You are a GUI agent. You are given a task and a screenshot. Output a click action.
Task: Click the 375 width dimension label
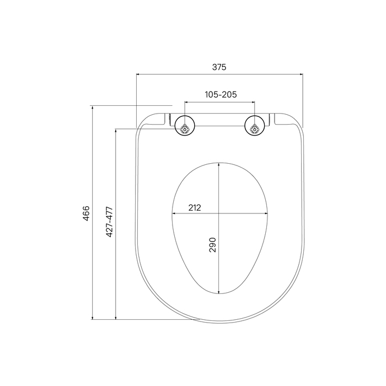219,67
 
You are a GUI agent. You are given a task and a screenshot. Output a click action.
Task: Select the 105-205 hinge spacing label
221,94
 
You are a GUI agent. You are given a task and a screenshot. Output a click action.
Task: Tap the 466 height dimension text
86,213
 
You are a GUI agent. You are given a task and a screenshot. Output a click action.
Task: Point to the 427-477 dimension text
109,222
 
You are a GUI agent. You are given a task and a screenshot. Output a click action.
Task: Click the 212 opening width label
195,208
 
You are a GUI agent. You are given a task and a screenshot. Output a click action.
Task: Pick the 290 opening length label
212,245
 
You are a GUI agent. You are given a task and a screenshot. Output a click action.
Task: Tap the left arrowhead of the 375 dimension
138,74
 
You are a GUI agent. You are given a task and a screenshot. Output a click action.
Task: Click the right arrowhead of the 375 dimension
301,74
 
